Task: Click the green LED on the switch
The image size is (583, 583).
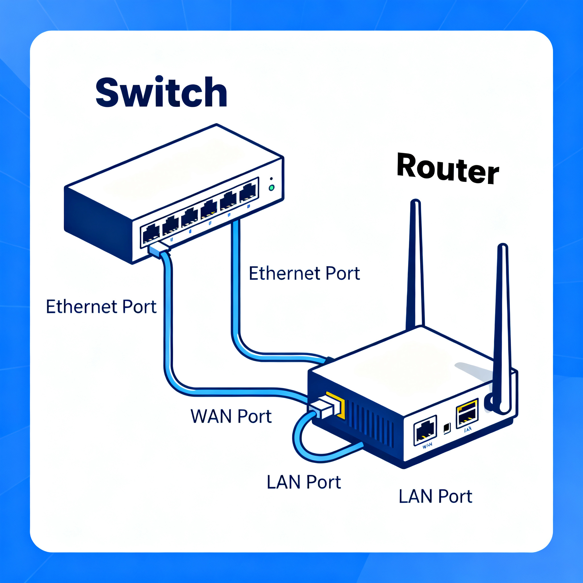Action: pyautogui.click(x=272, y=188)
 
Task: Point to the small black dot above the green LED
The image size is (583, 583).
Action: pyautogui.click(x=271, y=179)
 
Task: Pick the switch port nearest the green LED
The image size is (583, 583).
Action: pyautogui.click(x=248, y=192)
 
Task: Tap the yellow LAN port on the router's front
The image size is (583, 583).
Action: pyautogui.click(x=467, y=413)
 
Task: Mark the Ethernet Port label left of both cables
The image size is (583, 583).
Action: pyautogui.click(x=101, y=307)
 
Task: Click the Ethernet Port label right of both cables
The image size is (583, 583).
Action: pyautogui.click(x=304, y=274)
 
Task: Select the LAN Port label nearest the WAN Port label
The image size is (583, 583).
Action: pyautogui.click(x=303, y=482)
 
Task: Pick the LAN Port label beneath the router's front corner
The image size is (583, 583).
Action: pyautogui.click(x=435, y=496)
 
